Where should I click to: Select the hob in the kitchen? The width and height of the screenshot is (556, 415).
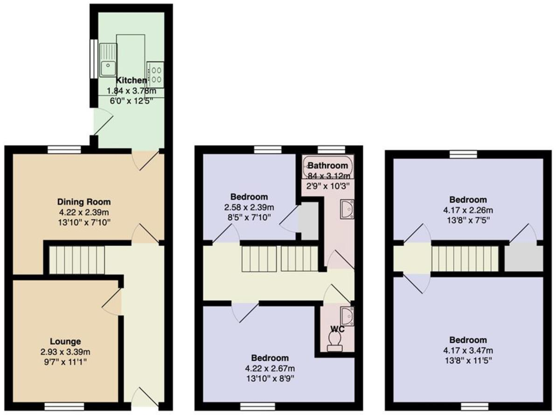point(156,75)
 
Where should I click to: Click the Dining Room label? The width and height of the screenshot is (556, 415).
point(84,202)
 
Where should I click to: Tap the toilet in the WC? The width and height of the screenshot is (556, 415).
point(334,345)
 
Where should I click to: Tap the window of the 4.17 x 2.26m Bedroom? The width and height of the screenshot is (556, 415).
point(464,154)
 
